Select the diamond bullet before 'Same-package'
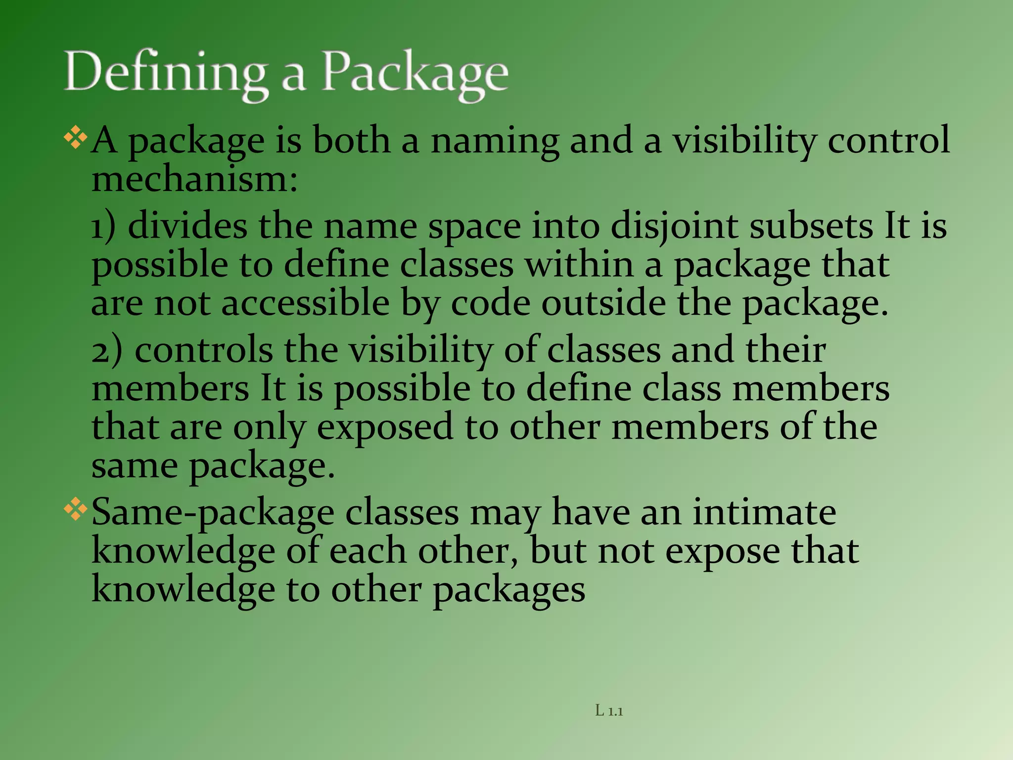click(76, 510)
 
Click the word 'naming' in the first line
click(495, 141)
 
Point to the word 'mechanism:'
click(195, 179)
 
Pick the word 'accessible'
click(305, 303)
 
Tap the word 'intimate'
click(764, 512)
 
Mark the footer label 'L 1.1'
click(609, 711)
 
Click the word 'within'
click(579, 265)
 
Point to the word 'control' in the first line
click(889, 140)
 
